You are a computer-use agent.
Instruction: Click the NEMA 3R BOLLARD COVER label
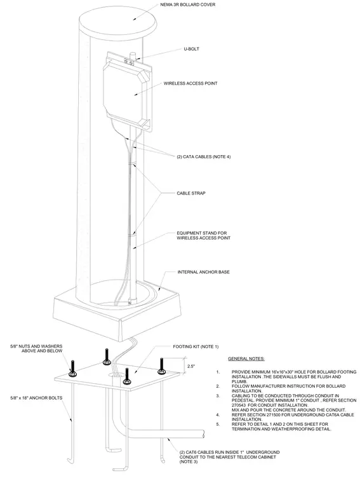pos(188,4)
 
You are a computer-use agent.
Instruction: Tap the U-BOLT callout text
pos(191,49)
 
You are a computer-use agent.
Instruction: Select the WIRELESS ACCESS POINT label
pos(190,83)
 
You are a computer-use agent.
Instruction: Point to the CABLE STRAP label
pos(191,193)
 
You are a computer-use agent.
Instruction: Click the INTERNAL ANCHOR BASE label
pos(203,272)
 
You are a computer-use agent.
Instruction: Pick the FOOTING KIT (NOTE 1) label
pos(196,346)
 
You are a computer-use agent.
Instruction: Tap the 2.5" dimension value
pos(191,366)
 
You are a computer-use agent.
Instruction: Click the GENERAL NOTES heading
pos(246,358)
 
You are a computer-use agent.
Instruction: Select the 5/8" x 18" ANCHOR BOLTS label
pos(36,398)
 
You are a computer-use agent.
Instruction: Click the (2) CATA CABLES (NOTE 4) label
pos(204,156)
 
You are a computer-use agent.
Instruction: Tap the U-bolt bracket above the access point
pos(129,62)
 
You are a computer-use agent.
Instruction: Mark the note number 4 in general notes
pos(218,414)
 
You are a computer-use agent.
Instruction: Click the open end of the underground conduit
pos(203,434)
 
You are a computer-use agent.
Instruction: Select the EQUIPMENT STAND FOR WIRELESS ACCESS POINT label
pos(203,235)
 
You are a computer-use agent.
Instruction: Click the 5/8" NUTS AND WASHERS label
pos(36,348)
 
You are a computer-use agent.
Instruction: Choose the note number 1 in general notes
pos(218,372)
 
